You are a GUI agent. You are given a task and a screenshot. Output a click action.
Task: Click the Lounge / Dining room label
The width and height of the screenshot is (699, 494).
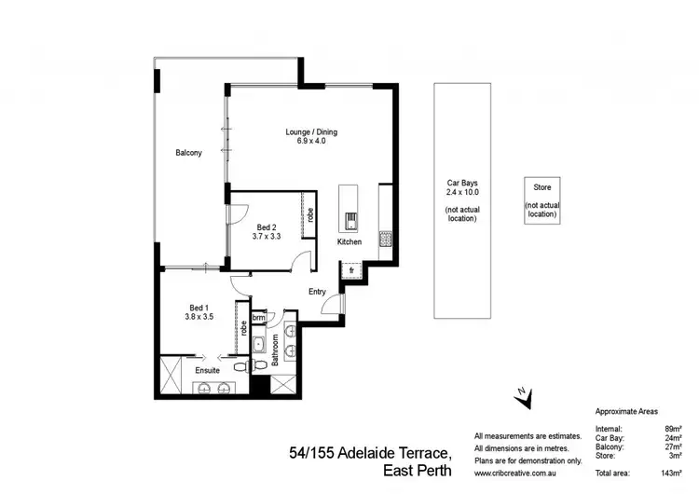click(x=311, y=132)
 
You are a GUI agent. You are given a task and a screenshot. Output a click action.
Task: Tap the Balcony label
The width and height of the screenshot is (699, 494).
click(x=188, y=153)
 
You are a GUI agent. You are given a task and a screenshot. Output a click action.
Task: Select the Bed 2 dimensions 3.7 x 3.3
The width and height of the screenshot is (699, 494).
click(x=267, y=237)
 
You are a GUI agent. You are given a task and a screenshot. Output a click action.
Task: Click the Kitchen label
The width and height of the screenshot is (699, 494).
click(x=349, y=242)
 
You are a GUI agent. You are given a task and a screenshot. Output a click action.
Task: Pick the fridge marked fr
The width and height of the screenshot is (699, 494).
click(x=351, y=270)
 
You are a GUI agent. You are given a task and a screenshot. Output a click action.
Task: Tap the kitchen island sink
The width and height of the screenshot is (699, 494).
click(x=349, y=221)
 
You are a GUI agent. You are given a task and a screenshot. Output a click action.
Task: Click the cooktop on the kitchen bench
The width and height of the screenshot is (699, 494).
click(x=385, y=238)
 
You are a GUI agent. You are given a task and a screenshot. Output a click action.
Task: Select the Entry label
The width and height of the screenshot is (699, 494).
click(x=317, y=292)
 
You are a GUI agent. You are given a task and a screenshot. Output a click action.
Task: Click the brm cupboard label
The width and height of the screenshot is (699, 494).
click(x=258, y=317)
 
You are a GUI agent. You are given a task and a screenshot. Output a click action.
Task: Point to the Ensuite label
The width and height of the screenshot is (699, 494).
click(x=207, y=370)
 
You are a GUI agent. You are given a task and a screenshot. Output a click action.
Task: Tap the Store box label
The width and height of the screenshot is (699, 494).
click(x=541, y=188)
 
